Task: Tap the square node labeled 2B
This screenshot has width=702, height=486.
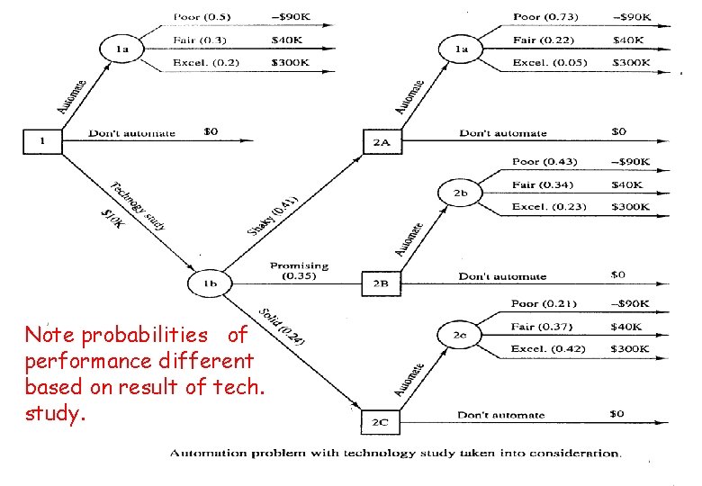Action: pyautogui.click(x=379, y=283)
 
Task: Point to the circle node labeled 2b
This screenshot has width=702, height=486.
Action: pyautogui.click(x=460, y=193)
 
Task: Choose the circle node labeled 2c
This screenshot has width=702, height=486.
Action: pyautogui.click(x=460, y=335)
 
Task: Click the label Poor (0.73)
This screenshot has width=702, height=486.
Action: pyautogui.click(x=545, y=17)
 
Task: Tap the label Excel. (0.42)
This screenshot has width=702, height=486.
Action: pyautogui.click(x=548, y=348)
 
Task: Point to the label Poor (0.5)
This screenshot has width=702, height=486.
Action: pyautogui.click(x=202, y=17)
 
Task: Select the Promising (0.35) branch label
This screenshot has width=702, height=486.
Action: pyautogui.click(x=299, y=271)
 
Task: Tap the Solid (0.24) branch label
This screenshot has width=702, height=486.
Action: pyautogui.click(x=282, y=327)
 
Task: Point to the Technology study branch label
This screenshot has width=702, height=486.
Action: pyautogui.click(x=137, y=205)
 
